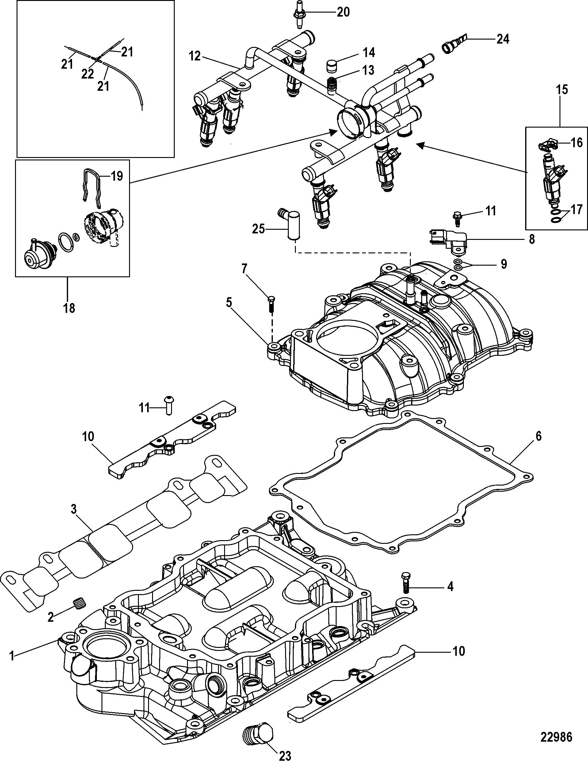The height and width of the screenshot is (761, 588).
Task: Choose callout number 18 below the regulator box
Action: tap(69, 308)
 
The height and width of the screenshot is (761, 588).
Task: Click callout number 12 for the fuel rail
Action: tap(195, 56)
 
